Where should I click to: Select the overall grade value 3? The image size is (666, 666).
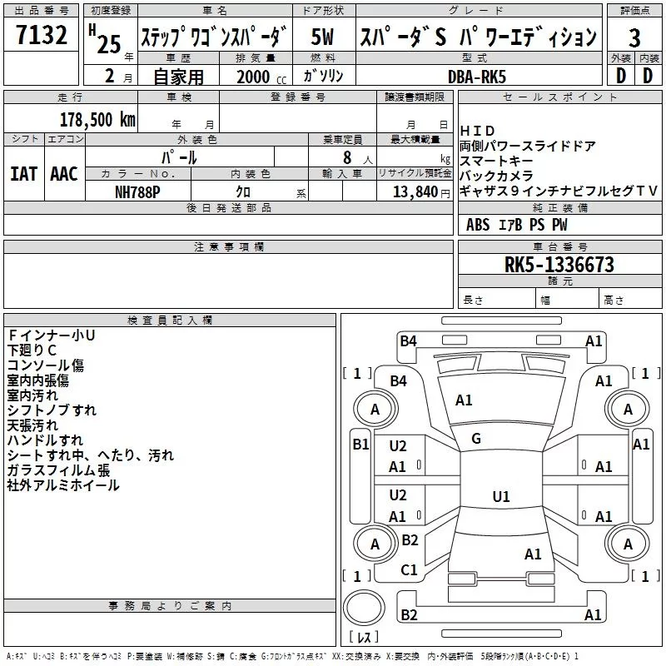[x=634, y=38]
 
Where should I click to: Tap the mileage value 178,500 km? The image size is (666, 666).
[x=97, y=119]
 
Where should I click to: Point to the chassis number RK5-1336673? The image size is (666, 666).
[x=559, y=265]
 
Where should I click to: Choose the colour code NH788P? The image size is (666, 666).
[x=138, y=191]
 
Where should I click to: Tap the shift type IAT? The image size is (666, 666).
[x=23, y=174]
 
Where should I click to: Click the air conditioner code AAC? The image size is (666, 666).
[x=64, y=174]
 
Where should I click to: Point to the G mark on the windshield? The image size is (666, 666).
[x=476, y=439]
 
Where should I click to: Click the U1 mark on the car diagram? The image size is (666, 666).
[x=500, y=497]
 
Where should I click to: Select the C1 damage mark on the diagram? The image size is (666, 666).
[x=409, y=570]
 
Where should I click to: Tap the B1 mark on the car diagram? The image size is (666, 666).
[x=360, y=445]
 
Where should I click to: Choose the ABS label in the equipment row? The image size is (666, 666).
[x=478, y=225]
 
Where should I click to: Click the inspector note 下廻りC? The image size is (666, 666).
[x=32, y=350]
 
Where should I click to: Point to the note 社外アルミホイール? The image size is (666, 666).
[x=63, y=485]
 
